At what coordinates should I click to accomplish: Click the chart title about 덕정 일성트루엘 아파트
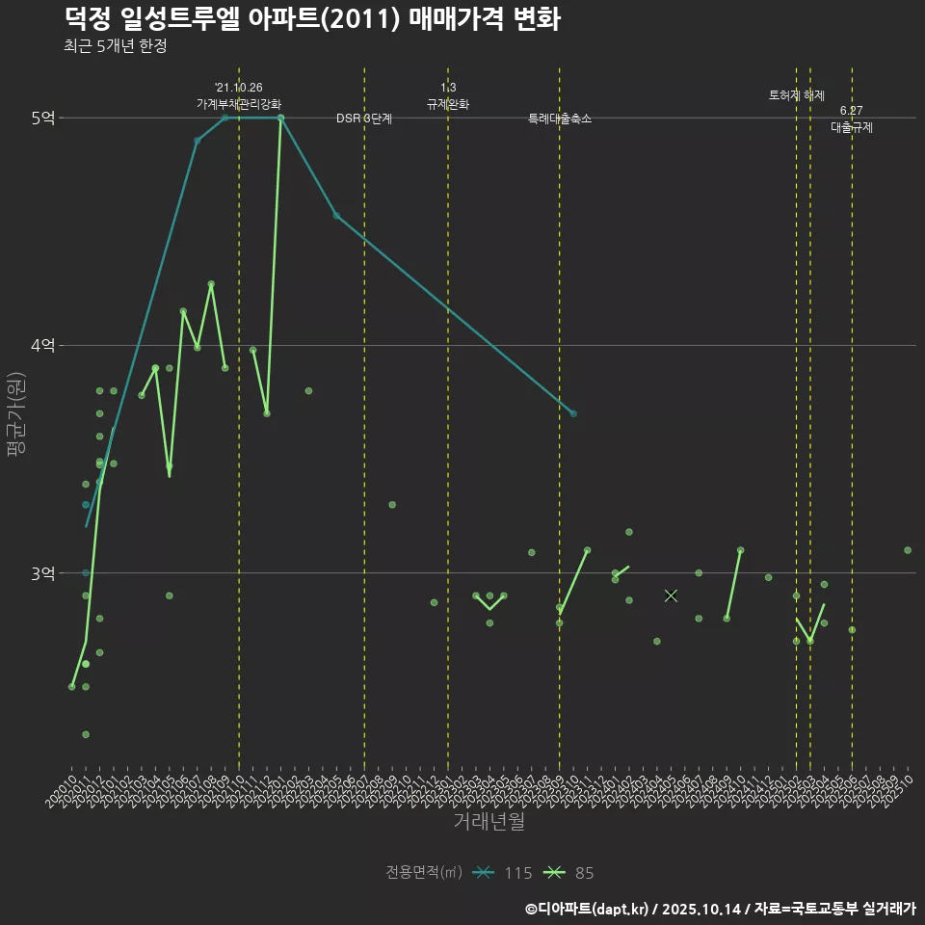click(312, 19)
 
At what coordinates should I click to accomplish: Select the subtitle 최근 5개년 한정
click(116, 46)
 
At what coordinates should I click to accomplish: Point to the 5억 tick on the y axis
click(42, 118)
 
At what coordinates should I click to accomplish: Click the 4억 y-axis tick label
click(42, 345)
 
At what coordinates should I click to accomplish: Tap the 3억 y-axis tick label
click(42, 573)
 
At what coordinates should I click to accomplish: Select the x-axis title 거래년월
click(489, 822)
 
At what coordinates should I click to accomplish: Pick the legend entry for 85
click(569, 873)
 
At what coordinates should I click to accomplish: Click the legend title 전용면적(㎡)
click(424, 873)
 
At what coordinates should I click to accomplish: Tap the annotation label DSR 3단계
click(364, 119)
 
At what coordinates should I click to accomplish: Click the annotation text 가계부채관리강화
click(239, 103)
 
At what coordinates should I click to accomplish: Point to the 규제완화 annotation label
click(448, 103)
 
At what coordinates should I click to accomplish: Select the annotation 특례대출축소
click(560, 119)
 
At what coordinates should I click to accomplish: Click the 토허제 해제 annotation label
click(797, 95)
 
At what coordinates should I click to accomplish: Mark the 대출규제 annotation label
click(852, 127)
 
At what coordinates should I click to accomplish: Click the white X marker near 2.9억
click(672, 595)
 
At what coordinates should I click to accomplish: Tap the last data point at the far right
click(908, 550)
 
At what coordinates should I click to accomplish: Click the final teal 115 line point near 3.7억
click(573, 413)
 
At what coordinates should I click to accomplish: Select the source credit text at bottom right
click(721, 908)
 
